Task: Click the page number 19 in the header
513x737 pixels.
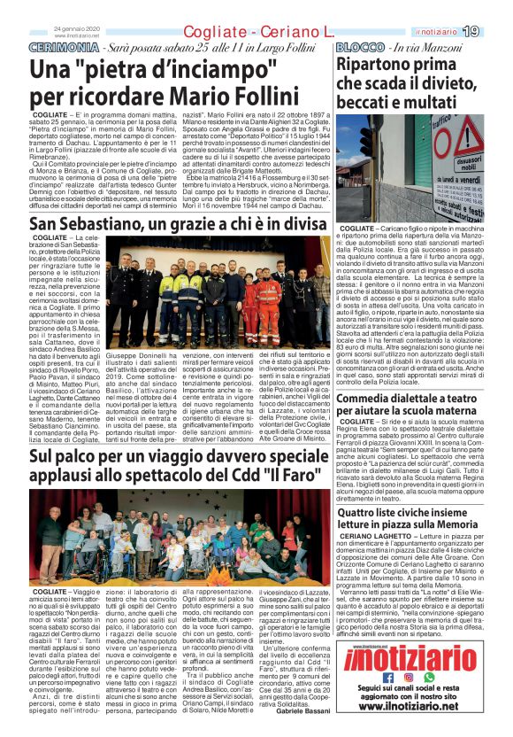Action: [x=494, y=32]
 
